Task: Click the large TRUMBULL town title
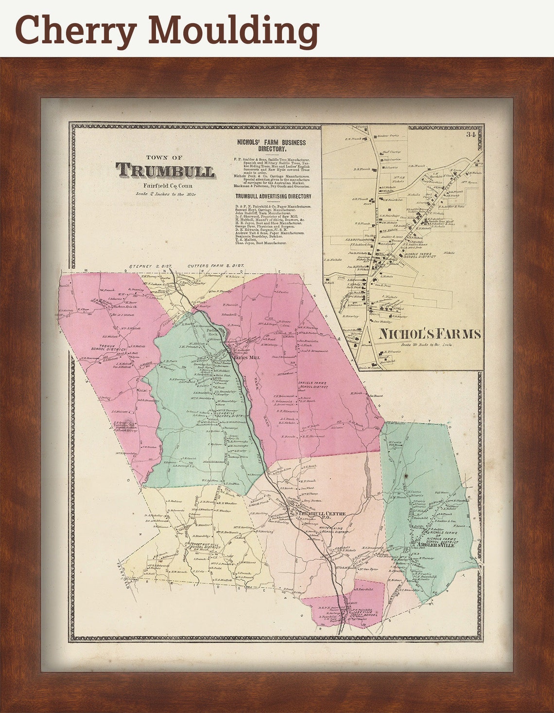click(x=165, y=171)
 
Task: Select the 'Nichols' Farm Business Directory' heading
click(x=271, y=146)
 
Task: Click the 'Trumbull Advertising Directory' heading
click(x=273, y=197)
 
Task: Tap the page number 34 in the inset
click(x=470, y=135)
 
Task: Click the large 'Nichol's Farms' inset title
click(x=430, y=334)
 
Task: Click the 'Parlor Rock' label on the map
click(x=213, y=333)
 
